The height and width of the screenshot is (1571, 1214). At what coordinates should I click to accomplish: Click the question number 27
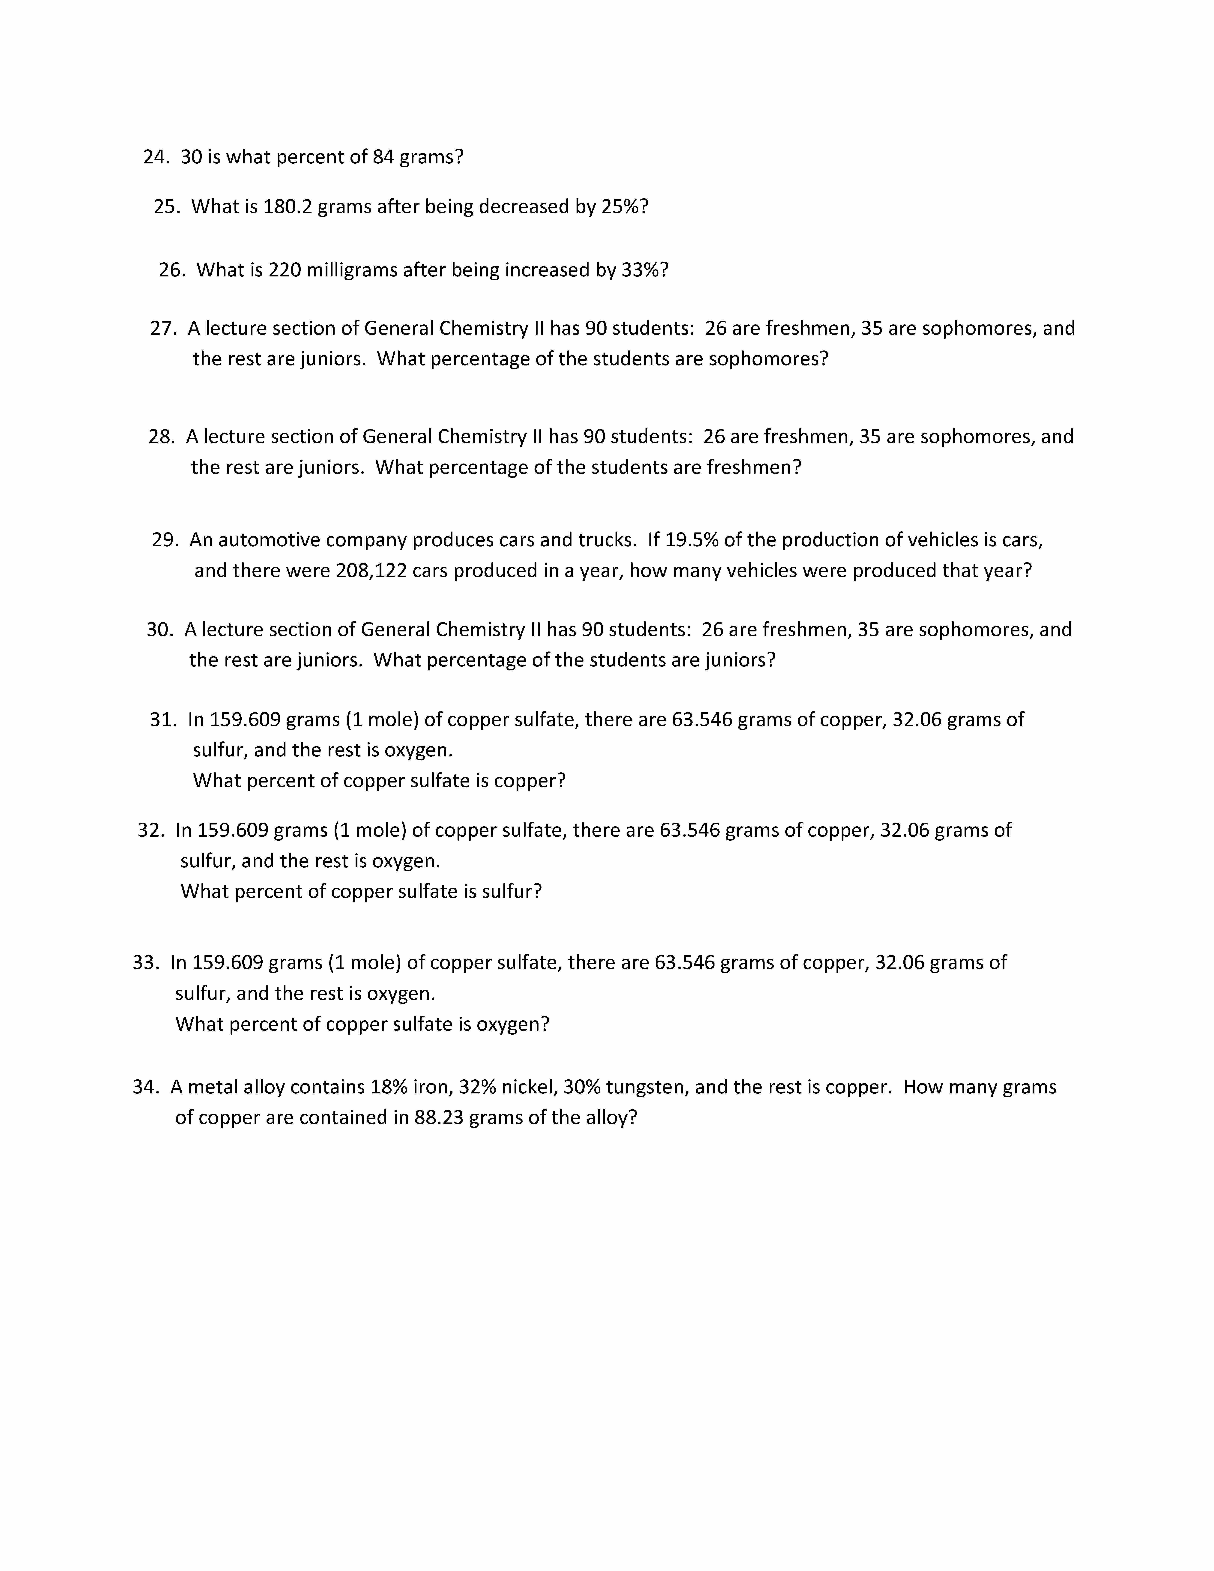tap(163, 329)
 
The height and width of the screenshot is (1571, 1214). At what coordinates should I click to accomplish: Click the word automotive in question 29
tap(268, 540)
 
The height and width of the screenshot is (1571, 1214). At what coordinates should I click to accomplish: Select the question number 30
tap(160, 630)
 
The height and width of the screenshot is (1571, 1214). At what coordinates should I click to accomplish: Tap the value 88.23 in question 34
tap(439, 1118)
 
